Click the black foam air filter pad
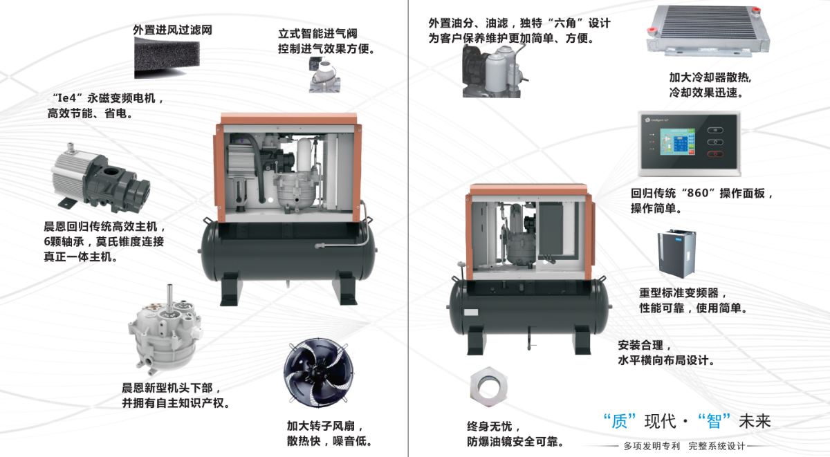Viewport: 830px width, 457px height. [x=167, y=57]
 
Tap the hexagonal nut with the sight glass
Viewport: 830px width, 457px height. [x=488, y=387]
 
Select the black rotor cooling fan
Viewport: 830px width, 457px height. [x=319, y=372]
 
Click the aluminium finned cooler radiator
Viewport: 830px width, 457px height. [x=708, y=30]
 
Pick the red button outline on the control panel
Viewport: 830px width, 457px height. [x=715, y=154]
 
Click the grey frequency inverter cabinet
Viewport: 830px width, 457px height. [x=676, y=254]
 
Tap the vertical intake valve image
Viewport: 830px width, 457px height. [x=324, y=76]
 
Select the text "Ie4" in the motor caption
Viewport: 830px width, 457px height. [x=66, y=98]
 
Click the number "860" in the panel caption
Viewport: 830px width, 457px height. [x=698, y=193]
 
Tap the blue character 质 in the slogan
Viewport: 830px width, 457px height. [x=619, y=422]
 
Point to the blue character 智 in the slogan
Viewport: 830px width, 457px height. [x=714, y=422]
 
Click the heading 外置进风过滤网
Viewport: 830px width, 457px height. [x=172, y=30]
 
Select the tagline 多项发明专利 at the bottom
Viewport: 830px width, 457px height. [x=652, y=446]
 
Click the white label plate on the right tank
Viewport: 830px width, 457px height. [x=471, y=313]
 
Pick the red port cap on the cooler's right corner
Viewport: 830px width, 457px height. [x=757, y=9]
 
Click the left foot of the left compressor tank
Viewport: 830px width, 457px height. [x=230, y=289]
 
